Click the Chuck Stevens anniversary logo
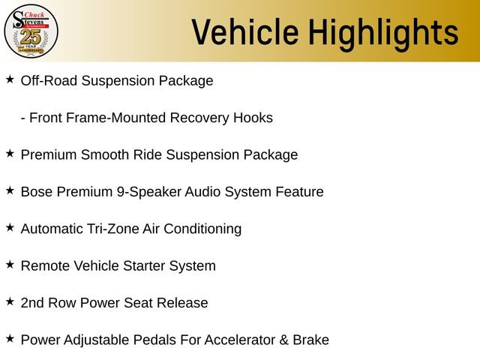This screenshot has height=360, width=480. click(31, 31)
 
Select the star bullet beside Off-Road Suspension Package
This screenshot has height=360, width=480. click(10, 79)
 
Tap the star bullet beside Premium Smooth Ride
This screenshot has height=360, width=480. click(10, 153)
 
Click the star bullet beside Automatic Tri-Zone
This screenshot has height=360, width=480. click(10, 226)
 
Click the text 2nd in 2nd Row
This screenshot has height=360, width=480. click(33, 303)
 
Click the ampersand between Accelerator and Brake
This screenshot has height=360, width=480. click(283, 340)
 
